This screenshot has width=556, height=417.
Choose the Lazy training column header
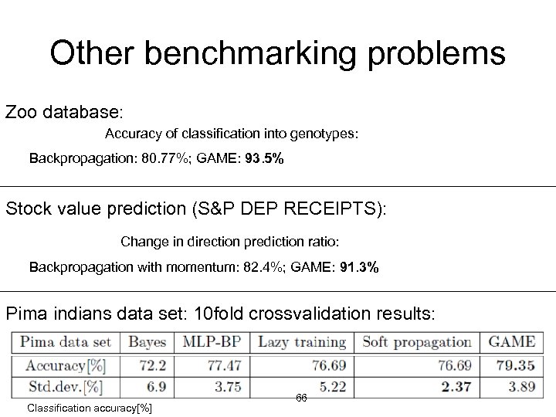pyautogui.click(x=301, y=342)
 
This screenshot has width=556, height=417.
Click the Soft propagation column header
pyautogui.click(x=416, y=342)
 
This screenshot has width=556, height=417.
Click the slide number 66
pyautogui.click(x=301, y=397)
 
